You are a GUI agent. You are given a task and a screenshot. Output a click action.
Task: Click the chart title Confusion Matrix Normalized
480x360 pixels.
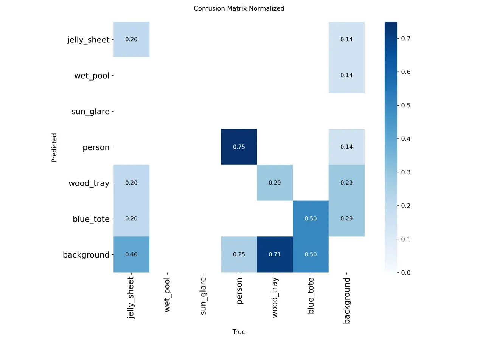point(239,8)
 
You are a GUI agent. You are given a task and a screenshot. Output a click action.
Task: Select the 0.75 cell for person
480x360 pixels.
point(239,147)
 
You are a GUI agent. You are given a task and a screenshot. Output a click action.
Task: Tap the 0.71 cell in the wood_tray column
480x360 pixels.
point(275,254)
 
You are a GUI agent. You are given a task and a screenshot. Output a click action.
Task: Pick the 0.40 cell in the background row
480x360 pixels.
point(131,254)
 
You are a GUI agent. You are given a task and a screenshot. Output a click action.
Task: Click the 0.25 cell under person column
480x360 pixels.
point(239,254)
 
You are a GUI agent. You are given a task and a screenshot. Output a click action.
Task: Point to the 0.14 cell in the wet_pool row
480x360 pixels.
point(346,75)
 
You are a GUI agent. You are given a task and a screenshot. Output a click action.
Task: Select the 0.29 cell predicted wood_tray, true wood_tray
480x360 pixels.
point(275,183)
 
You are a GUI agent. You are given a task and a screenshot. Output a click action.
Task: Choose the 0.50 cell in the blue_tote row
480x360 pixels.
point(311,219)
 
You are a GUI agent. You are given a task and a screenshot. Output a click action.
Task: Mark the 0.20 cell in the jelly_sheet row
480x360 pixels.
point(131,39)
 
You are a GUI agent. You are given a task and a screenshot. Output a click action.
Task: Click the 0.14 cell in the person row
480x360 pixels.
point(346,147)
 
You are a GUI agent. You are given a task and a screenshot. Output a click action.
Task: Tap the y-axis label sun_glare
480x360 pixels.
point(90,112)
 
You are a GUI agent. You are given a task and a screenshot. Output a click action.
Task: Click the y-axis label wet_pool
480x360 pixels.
point(92,76)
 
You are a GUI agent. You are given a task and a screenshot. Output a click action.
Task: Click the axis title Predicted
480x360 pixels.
point(54,147)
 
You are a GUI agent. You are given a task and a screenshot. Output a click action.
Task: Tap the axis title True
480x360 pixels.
point(239,332)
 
